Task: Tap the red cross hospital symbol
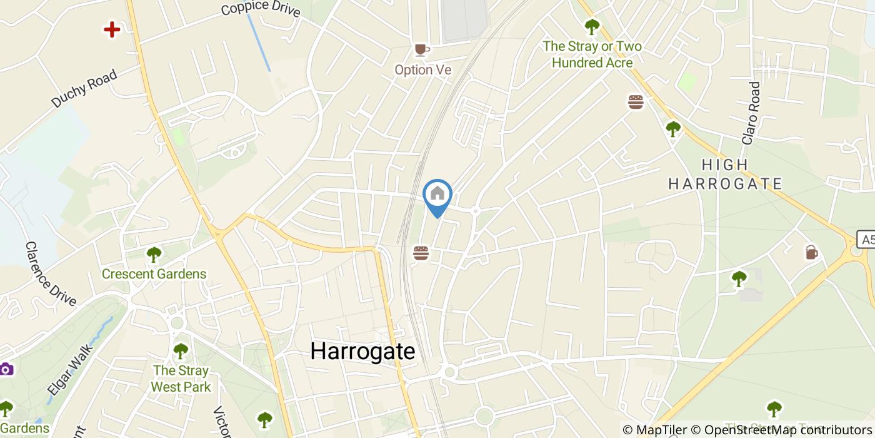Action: click(x=112, y=29)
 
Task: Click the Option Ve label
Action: click(x=422, y=69)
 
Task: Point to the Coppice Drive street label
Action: click(x=261, y=8)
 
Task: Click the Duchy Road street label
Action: click(x=84, y=89)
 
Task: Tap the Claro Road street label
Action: click(x=751, y=113)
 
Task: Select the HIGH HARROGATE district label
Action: click(x=725, y=174)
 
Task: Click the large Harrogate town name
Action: click(x=362, y=351)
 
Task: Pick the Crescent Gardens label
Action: click(x=154, y=274)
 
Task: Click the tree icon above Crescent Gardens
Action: click(x=154, y=255)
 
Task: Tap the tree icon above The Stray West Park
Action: click(x=181, y=350)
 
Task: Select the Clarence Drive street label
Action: click(x=51, y=274)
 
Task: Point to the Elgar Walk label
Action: click(x=69, y=368)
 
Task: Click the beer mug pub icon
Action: click(x=811, y=252)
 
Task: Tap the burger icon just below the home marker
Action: click(x=421, y=253)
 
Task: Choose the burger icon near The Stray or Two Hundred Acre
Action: click(x=636, y=102)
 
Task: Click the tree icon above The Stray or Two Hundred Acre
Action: click(x=592, y=27)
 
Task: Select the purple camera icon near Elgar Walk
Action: click(x=6, y=369)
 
